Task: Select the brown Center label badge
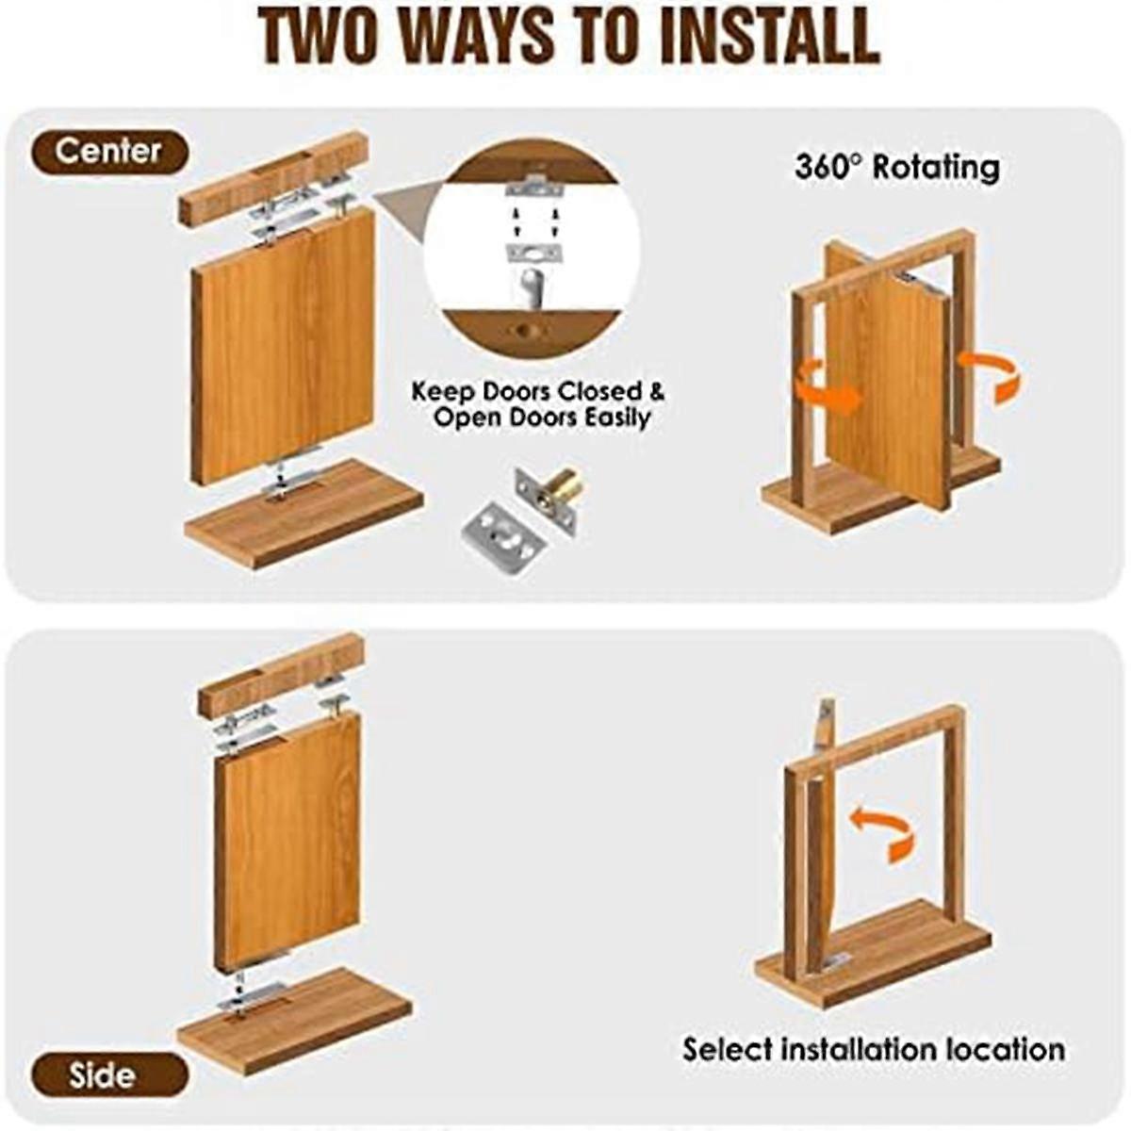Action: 109,151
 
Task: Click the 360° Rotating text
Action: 896,168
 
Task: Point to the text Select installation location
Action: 874,1049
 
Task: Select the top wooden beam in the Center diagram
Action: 273,177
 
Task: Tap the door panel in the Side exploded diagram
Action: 287,839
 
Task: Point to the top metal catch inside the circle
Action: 533,188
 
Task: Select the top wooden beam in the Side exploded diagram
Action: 281,673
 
